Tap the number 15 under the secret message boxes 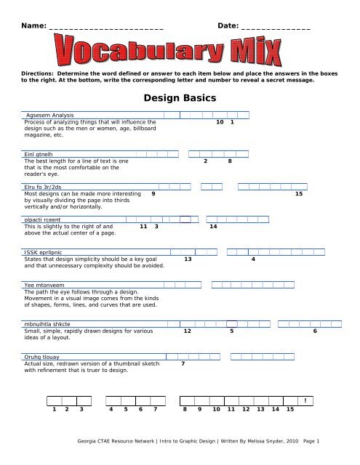[290, 410]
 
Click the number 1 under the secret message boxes [53, 410]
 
